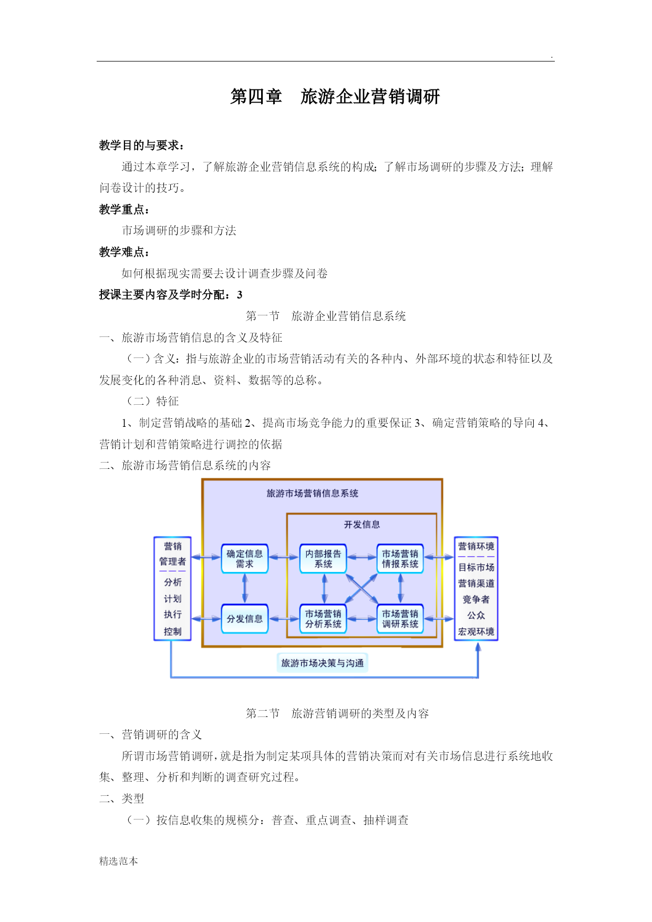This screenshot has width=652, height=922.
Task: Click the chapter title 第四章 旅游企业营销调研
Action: point(335,97)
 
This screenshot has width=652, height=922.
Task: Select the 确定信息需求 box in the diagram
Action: point(244,558)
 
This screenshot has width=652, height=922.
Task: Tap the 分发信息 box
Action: point(244,619)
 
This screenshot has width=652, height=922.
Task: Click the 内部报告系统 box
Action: point(323,558)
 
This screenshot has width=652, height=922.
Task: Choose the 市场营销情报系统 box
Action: point(400,558)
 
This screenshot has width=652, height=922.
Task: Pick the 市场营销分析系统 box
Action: point(323,619)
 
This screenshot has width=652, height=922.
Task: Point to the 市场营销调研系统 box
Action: point(400,619)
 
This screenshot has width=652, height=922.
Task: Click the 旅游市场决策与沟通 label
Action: point(322,663)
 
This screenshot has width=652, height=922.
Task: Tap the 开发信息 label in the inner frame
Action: point(361,525)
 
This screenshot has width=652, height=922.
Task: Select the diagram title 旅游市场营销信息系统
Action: point(312,493)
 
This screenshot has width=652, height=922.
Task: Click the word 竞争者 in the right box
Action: point(476,599)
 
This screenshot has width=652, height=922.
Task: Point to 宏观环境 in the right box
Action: point(476,631)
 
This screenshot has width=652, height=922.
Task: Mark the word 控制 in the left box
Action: point(172,631)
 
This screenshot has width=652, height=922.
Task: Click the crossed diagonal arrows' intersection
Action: point(361,588)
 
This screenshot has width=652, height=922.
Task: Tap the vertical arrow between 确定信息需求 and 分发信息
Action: point(245,588)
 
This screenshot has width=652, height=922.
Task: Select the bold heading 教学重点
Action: point(124,210)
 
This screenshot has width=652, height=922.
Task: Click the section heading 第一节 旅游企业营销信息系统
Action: point(326,316)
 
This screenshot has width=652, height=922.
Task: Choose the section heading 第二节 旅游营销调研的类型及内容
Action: point(337,713)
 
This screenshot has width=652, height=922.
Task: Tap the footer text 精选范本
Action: point(119,861)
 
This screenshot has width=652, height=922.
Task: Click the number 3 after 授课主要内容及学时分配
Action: point(240,295)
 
